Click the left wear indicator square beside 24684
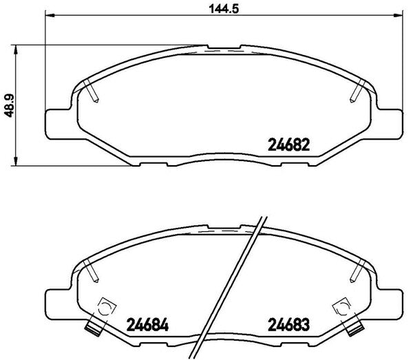tap(105, 307)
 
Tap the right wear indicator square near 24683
tap(339, 307)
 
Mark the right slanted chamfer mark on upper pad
tap(358, 90)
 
